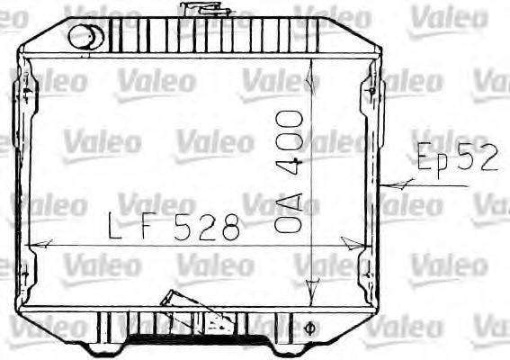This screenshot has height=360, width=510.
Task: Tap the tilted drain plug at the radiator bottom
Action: point(173,301)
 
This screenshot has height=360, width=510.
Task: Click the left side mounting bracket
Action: point(24,180)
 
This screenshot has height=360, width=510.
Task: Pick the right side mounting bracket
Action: point(370,180)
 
